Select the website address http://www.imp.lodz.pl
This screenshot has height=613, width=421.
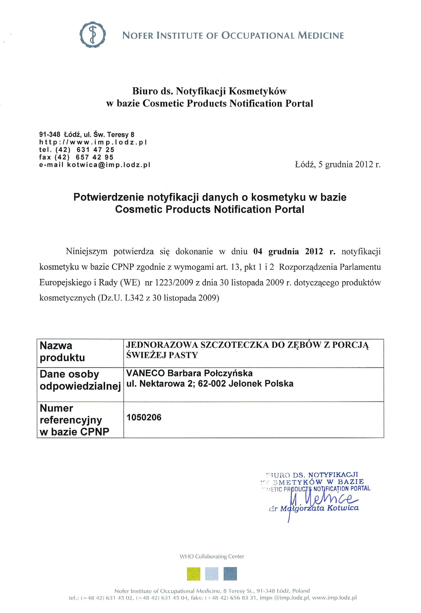click(x=93, y=142)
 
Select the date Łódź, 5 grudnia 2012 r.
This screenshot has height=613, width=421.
click(x=337, y=165)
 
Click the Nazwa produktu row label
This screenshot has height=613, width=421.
click(x=62, y=352)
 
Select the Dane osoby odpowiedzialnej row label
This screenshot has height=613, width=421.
click(x=80, y=380)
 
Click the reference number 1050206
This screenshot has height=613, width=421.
click(x=144, y=417)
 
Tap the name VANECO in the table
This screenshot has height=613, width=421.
click(x=145, y=373)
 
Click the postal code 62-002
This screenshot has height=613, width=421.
click(x=212, y=384)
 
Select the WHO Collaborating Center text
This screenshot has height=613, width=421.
click(x=212, y=556)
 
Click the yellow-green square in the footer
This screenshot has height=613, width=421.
click(x=194, y=574)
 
